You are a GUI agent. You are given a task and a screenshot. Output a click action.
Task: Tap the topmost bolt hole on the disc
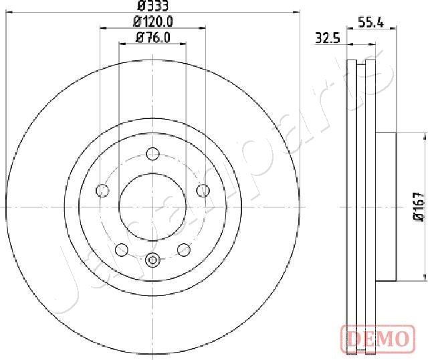152,155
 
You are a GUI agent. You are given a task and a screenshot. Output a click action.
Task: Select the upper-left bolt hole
102,191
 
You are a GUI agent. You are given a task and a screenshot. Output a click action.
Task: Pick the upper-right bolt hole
201,191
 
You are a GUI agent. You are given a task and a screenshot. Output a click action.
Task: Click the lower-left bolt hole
121,250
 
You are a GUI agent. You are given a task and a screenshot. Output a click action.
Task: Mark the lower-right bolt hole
183,250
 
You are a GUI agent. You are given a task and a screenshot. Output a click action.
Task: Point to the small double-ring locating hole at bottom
152,260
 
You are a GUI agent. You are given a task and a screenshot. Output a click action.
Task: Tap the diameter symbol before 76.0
140,38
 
